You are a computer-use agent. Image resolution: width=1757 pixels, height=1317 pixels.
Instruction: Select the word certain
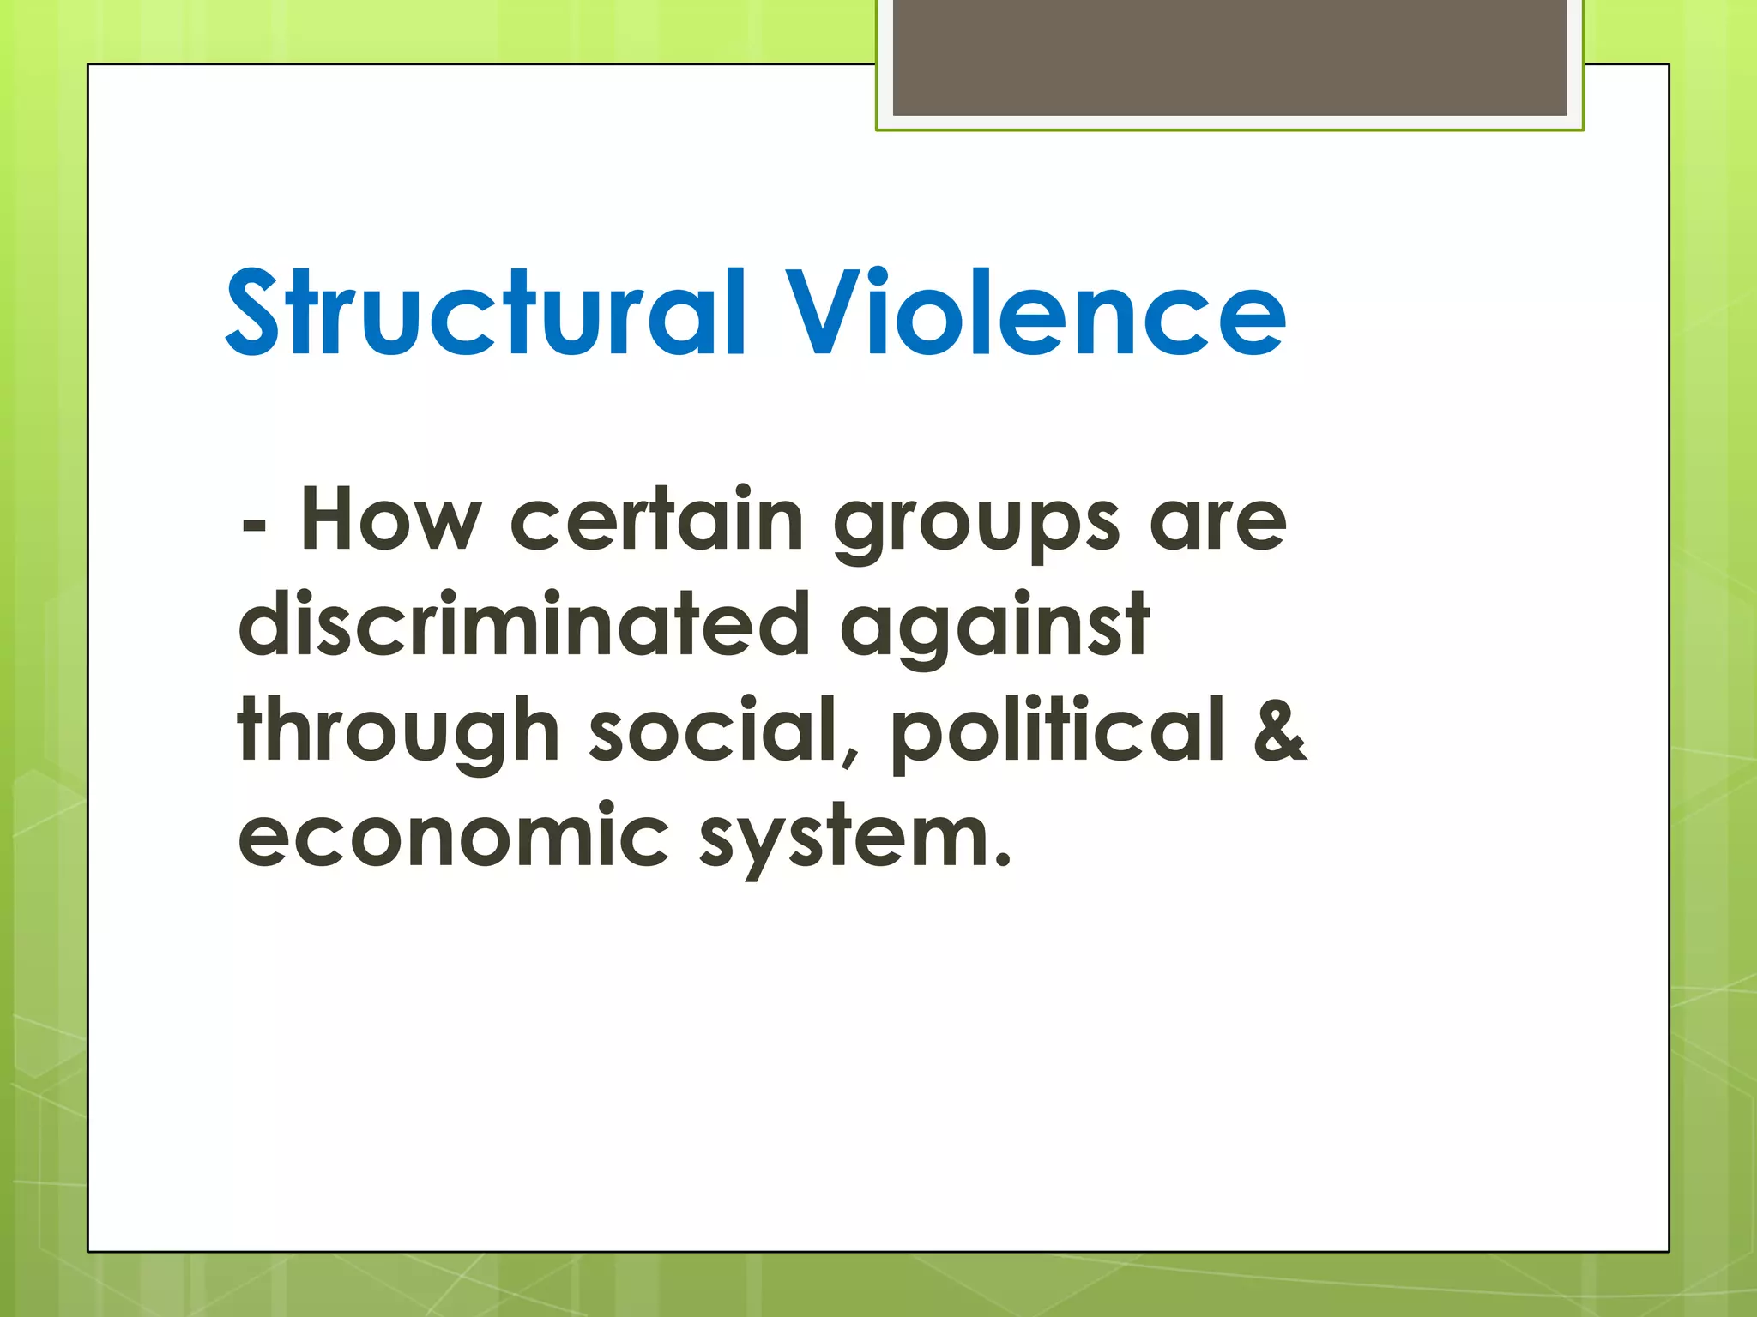tap(656, 520)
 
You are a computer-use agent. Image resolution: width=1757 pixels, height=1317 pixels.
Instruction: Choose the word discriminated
tap(524, 625)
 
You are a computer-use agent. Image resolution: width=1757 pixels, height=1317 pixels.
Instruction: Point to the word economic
tap(453, 836)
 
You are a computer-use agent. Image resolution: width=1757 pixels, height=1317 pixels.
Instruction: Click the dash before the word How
tap(253, 525)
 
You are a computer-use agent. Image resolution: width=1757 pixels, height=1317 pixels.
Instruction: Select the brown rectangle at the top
tap(1229, 57)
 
